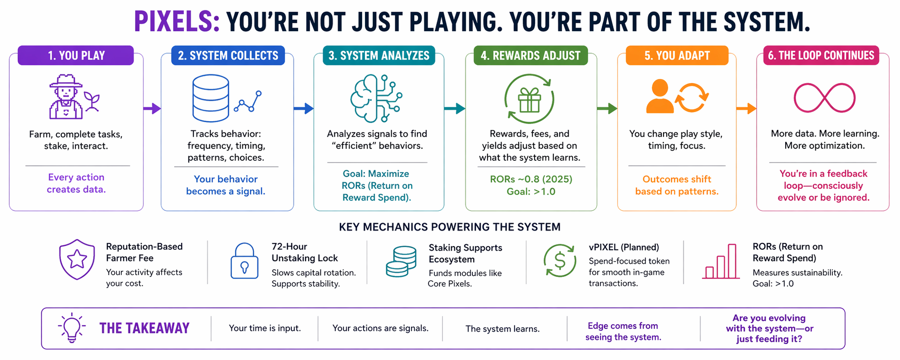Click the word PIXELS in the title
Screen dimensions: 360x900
[x=177, y=21]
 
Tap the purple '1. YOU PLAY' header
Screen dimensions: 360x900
[x=76, y=55]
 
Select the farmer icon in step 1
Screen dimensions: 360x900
[x=66, y=97]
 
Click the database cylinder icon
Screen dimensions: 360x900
[x=211, y=98]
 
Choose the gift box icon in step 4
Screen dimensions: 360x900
[x=529, y=99]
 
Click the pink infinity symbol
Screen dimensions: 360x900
[x=824, y=98]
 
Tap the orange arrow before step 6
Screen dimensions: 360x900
[x=746, y=108]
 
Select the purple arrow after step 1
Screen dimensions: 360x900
[x=152, y=108]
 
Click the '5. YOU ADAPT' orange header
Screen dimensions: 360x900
[x=677, y=55]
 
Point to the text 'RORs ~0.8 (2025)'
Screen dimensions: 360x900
[x=531, y=179]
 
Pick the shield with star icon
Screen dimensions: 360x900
[x=77, y=259]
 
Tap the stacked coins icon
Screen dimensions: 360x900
[x=401, y=261]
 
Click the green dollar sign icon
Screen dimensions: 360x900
[x=560, y=261]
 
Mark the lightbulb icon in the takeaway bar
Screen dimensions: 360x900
[x=72, y=328]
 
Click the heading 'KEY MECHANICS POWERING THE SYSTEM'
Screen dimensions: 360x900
[x=449, y=227]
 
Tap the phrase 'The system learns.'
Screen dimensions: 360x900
[x=502, y=329]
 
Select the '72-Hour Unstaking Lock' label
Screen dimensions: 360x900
[x=305, y=252]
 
